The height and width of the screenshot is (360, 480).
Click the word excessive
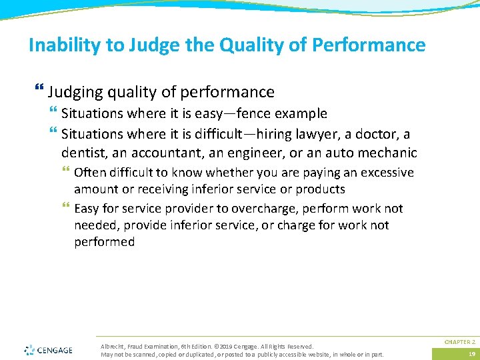[x=387, y=173]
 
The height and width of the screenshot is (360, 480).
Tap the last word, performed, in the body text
[x=104, y=242]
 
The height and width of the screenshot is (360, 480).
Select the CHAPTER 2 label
[x=459, y=341]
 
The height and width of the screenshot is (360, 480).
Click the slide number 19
[x=471, y=353]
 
